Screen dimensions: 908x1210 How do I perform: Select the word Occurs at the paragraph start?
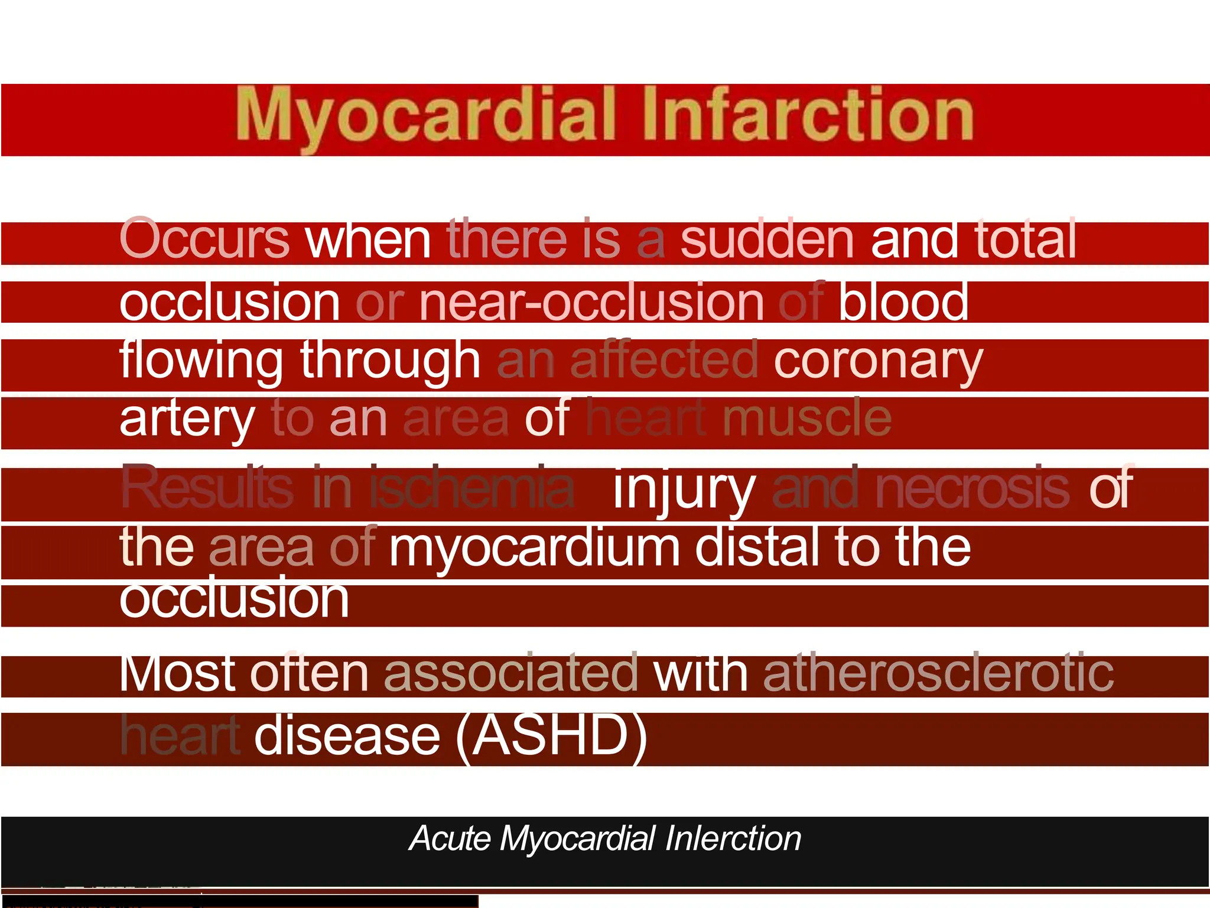[204, 239]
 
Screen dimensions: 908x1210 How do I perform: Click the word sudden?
[767, 239]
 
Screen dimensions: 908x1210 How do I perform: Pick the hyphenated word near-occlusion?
[591, 302]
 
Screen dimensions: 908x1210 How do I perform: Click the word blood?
[903, 302]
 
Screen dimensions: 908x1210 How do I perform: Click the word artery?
[187, 419]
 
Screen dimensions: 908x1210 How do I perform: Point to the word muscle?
[807, 418]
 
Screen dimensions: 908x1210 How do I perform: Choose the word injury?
[684, 489]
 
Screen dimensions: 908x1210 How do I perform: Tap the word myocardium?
[534, 549]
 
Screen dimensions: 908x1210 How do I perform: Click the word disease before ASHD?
[347, 736]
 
